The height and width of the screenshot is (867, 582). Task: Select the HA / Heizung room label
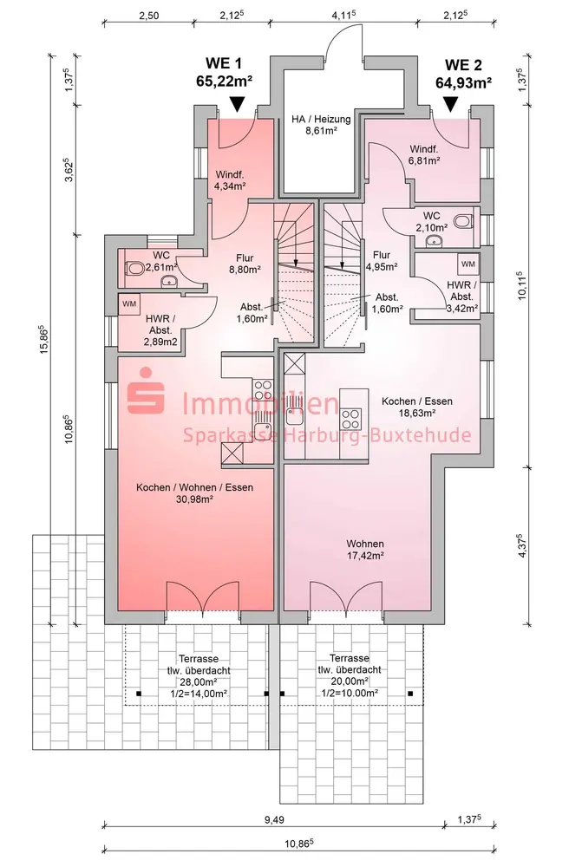pos(322,125)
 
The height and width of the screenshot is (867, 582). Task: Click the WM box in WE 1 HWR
pos(129,304)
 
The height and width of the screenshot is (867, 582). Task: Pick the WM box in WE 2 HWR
pos(468,264)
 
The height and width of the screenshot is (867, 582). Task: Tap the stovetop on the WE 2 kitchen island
pos(350,418)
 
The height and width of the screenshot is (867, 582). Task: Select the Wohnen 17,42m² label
pos(365,550)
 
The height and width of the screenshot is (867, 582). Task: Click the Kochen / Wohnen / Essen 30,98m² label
pos(195,493)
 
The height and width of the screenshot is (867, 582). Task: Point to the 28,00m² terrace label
pos(199,676)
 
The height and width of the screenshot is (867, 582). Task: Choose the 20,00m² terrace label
pos(350,675)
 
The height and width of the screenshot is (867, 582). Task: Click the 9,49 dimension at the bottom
pos(274,819)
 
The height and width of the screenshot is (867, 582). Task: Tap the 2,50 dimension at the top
pos(148,16)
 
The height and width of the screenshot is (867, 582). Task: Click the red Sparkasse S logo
pos(146,390)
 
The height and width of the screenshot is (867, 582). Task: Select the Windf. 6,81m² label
pos(424,155)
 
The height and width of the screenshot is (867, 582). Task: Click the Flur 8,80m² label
pos(245,264)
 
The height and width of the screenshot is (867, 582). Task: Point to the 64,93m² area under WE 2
pos(464,83)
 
